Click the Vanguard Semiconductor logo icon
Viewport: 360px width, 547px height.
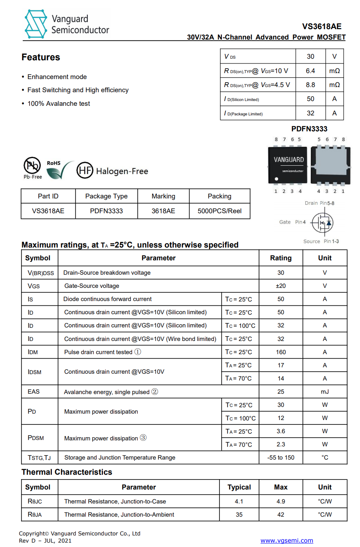[36, 24]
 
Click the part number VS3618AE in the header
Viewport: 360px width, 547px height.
[322, 26]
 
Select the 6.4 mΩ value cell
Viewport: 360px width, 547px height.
[311, 71]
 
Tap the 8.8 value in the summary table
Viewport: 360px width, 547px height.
[311, 85]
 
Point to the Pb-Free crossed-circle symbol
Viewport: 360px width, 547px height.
[32, 165]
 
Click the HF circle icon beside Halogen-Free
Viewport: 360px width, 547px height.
[85, 170]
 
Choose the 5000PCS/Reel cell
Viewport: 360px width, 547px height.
[220, 211]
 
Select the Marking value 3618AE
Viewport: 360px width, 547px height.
[163, 211]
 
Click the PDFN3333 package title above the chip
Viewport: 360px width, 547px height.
[309, 129]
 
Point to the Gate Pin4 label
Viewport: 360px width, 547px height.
[292, 222]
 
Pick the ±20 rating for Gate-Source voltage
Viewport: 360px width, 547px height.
[281, 286]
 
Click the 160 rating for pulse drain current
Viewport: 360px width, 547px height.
[281, 352]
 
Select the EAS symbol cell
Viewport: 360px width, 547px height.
[34, 392]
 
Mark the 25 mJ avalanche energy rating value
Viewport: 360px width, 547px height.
[281, 392]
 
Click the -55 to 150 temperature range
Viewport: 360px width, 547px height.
[281, 458]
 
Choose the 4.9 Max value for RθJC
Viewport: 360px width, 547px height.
[281, 501]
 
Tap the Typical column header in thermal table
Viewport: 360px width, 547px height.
[239, 487]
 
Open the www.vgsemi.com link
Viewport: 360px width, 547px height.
[287, 541]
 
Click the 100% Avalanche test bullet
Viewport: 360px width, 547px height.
[59, 103]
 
